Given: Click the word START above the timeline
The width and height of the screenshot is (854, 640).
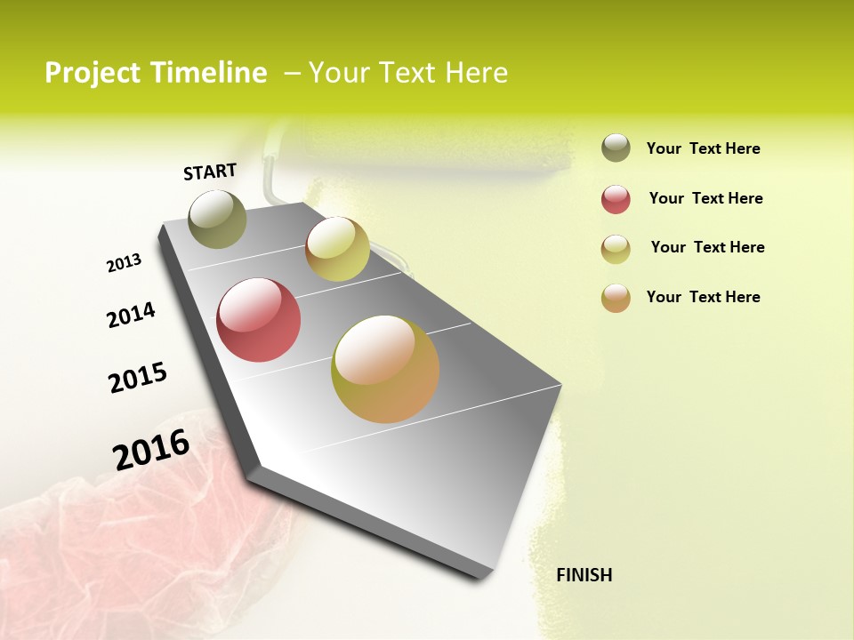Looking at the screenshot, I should click(210, 172).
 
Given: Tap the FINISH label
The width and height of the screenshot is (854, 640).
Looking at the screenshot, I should click(584, 575).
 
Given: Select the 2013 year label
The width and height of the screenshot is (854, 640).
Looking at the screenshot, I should click(124, 263).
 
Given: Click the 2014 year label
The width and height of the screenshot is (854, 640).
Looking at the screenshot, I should click(131, 315).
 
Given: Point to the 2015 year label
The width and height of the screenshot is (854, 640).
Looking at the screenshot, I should click(138, 378).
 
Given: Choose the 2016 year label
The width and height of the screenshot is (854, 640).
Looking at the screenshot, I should click(151, 449).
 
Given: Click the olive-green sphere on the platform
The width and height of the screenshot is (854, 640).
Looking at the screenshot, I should click(217, 219).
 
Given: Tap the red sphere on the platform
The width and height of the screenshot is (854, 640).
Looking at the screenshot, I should click(258, 320).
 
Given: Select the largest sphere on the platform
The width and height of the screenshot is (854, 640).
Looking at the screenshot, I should click(385, 369).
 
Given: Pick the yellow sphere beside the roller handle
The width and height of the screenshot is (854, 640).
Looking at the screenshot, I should click(337, 249).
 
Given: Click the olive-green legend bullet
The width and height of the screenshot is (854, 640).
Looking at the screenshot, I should click(616, 148).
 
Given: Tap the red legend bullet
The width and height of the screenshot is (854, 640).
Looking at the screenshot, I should click(616, 199).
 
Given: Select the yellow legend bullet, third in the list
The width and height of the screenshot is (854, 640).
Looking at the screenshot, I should click(616, 249).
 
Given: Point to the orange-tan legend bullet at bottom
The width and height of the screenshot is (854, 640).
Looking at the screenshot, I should click(616, 298).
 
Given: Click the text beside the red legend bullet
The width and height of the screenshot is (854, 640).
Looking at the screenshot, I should click(705, 198).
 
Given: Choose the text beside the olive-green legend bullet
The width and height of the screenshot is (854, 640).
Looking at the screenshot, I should click(703, 148).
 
